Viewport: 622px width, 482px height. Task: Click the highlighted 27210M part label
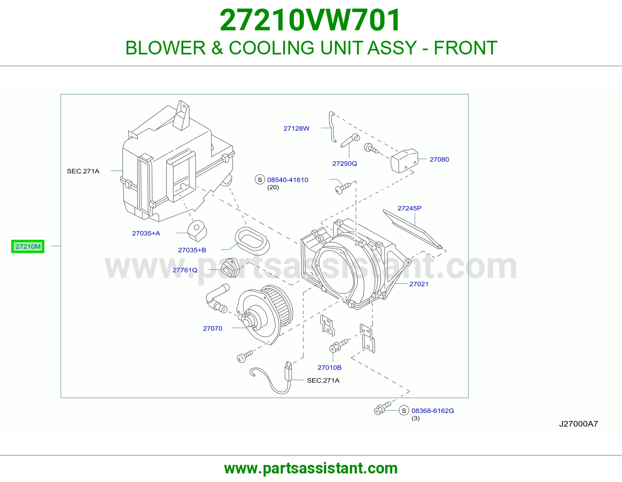point(28,246)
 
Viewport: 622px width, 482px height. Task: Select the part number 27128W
point(296,129)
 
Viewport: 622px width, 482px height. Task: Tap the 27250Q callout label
point(345,163)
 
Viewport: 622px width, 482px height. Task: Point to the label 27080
point(439,159)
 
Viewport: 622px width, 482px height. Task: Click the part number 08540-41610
point(288,180)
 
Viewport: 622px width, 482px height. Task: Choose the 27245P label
point(409,208)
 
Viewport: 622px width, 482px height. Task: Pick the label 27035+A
point(146,233)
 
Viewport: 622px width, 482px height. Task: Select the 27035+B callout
point(192,250)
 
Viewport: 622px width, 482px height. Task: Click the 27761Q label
point(185,270)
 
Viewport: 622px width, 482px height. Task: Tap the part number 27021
point(419,284)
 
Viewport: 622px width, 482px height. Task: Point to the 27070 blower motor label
point(212,328)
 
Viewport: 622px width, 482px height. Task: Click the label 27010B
point(329,367)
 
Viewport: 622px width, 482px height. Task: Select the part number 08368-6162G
point(433,411)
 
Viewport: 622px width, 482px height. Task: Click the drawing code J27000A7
point(578,424)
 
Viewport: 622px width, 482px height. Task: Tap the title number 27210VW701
point(310,20)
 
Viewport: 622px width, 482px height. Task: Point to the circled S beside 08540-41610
point(260,180)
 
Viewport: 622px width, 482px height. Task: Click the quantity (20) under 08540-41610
point(273,187)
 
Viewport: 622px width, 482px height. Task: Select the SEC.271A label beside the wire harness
point(323,381)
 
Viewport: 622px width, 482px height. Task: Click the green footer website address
point(311,468)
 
